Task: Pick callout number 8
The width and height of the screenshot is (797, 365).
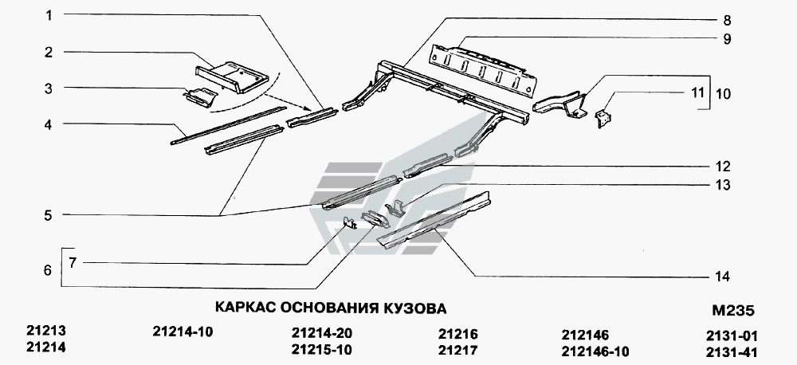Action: (725, 20)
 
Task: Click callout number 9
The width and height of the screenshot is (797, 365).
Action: (725, 38)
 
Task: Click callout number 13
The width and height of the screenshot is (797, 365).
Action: (722, 185)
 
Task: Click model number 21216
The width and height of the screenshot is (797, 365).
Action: (459, 333)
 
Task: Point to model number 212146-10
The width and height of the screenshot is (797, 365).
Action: (595, 351)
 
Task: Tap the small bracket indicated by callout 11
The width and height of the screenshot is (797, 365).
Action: (603, 119)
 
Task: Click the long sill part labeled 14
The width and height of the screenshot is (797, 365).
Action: (434, 221)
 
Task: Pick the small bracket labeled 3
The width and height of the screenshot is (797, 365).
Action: (199, 98)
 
